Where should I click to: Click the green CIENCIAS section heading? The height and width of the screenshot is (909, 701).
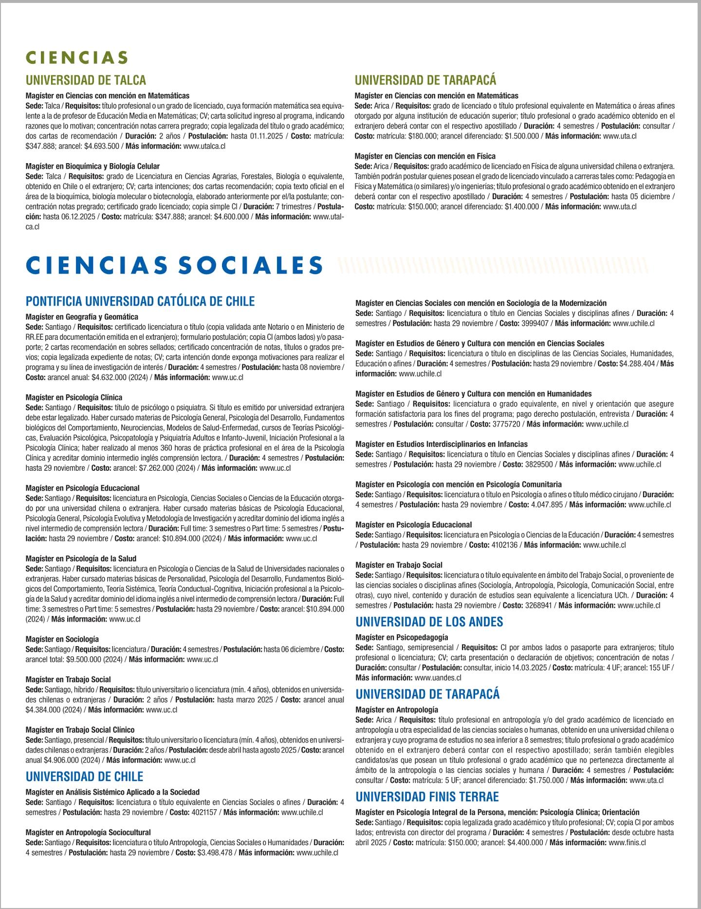pos(76,57)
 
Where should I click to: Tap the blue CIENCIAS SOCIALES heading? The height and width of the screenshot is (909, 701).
pos(174,265)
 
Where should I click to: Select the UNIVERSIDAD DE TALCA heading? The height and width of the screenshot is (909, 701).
pos(86,80)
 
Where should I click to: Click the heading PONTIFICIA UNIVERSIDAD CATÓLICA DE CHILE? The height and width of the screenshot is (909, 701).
pos(140,301)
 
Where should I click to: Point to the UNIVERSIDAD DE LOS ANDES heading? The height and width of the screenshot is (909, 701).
pos(429,622)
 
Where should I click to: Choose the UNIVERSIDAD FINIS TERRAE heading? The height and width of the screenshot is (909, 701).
pos(427,797)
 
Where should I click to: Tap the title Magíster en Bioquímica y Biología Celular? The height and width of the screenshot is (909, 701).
pos(92,167)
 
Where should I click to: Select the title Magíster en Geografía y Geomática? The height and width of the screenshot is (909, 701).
pos(82,317)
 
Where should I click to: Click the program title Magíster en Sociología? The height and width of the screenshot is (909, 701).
pos(62,639)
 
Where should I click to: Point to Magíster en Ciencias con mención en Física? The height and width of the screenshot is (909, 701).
pos(425,156)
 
